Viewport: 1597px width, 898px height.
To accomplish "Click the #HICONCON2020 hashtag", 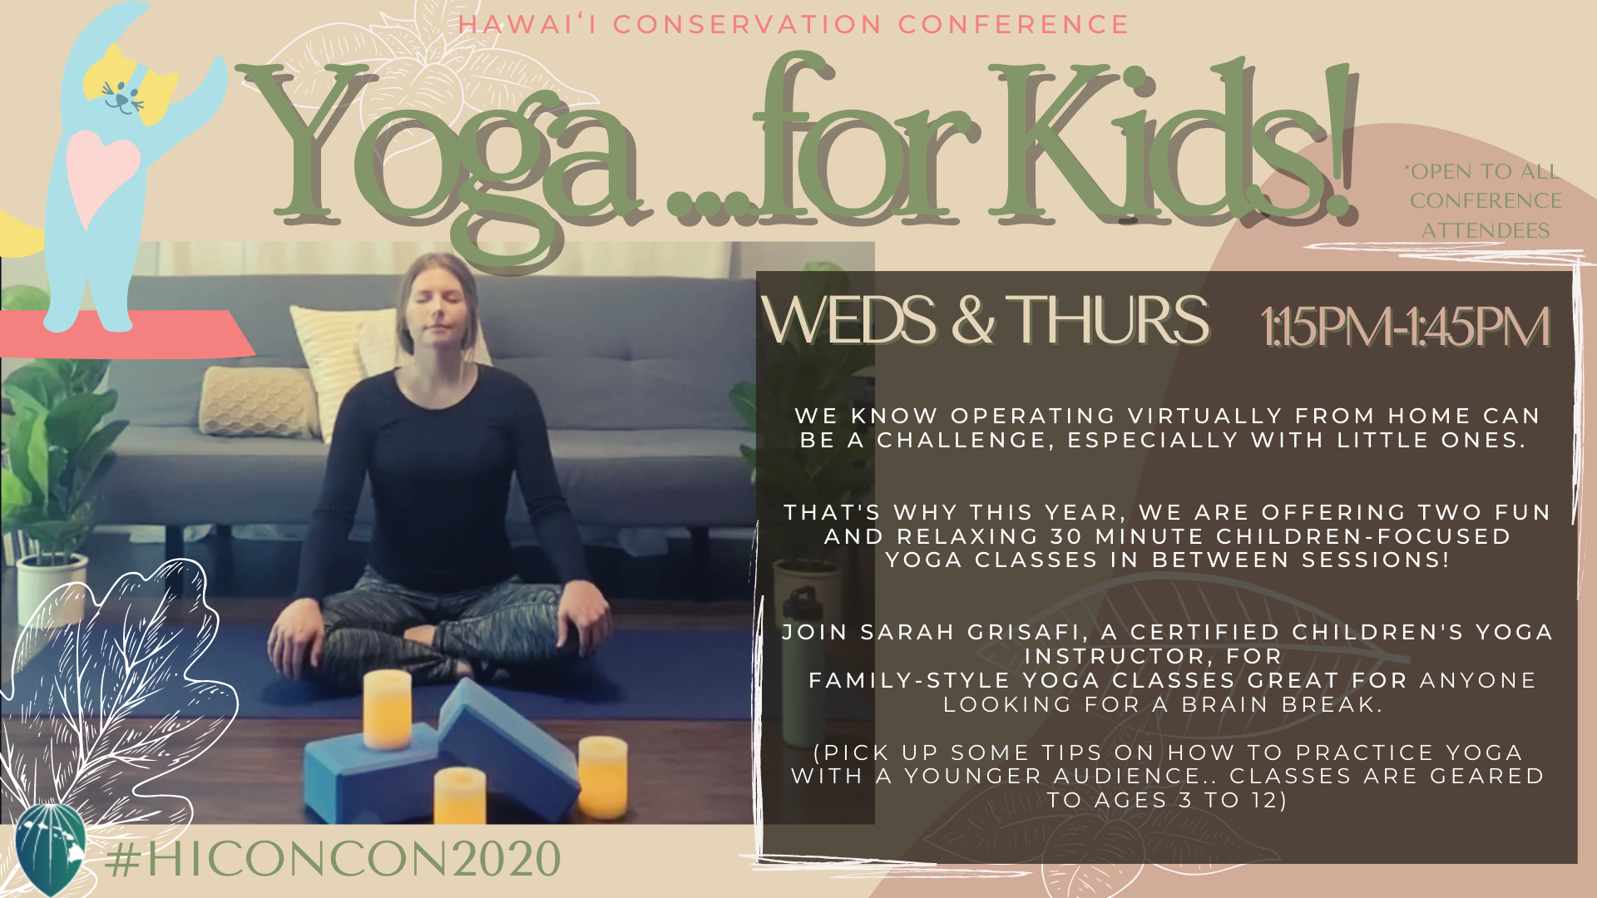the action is [333, 859].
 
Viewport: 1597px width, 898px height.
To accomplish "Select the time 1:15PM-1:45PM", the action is [1405, 326].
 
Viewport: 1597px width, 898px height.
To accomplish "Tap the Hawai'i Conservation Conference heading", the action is [794, 24].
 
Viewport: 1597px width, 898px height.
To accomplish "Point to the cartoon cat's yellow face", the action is [129, 83].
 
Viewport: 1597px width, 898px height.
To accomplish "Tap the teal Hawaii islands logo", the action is [51, 848].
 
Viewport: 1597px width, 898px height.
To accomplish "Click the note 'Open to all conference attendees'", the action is [1486, 201].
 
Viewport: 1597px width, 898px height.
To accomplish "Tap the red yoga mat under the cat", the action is [125, 333].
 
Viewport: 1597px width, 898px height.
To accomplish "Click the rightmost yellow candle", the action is [603, 777].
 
